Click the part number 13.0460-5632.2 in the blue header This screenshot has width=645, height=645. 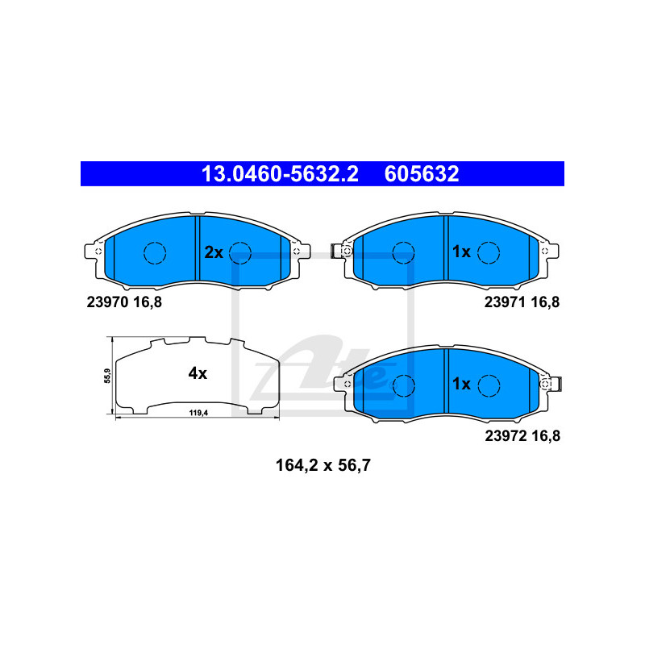[280, 174]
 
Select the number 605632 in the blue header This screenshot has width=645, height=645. [422, 174]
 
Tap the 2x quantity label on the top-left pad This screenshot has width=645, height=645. [214, 252]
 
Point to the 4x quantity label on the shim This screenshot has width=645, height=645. [198, 373]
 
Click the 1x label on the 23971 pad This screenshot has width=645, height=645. [461, 252]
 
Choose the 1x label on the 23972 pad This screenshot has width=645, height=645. [461, 384]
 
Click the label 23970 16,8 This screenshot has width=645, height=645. [124, 302]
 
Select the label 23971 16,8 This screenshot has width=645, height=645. [522, 302]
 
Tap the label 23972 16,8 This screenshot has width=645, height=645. [522, 436]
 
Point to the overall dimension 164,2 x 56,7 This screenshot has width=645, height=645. [323, 466]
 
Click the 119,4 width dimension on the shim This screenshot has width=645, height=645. [198, 413]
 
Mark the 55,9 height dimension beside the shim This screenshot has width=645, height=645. [107, 376]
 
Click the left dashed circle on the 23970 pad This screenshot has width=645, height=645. [155, 253]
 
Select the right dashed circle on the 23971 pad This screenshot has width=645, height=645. [489, 252]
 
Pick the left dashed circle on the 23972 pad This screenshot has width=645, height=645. [404, 386]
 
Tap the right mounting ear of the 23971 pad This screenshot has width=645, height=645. [549, 251]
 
